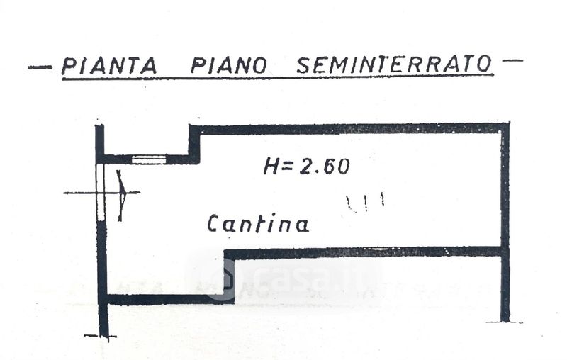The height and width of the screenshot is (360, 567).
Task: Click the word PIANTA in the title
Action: (109, 66)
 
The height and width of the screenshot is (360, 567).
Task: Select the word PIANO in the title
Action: (228, 65)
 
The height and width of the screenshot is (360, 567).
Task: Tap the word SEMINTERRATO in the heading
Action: (394, 64)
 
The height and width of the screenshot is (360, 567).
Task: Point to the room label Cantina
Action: (258, 223)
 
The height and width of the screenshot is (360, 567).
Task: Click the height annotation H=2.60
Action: (307, 167)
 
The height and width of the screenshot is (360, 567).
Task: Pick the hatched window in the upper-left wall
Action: (149, 159)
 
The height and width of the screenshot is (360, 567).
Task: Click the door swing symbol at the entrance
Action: (121, 195)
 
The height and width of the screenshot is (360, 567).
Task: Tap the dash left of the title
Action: (40, 67)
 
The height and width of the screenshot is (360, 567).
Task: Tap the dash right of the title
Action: (512, 60)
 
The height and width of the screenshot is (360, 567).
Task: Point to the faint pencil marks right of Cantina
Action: (365, 203)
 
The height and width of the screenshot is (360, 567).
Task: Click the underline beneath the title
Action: (278, 77)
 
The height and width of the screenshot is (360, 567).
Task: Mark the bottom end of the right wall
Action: (505, 320)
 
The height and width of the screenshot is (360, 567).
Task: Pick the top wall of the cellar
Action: (349, 129)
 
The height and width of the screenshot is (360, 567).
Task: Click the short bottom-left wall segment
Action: (170, 299)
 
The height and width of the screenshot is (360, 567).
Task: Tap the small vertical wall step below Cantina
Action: (229, 276)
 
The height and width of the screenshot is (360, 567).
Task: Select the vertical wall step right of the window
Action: (194, 144)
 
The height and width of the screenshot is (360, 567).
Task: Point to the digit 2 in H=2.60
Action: (305, 167)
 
